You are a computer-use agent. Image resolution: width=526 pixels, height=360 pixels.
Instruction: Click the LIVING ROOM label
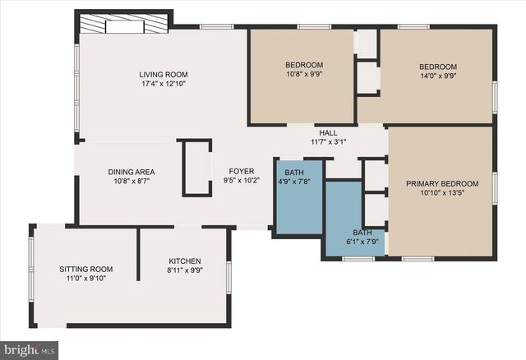[x=164, y=74]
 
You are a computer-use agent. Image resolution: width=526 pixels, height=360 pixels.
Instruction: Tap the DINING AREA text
[x=131, y=172]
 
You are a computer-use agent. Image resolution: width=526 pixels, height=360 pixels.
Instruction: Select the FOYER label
[x=242, y=171]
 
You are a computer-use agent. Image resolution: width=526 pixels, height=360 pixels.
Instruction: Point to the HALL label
[x=328, y=132]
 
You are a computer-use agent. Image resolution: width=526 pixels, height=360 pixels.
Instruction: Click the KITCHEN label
[x=184, y=261]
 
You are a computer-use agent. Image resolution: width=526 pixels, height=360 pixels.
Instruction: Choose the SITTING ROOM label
[x=85, y=269]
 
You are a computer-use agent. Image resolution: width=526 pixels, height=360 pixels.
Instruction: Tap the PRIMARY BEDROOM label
[x=442, y=184]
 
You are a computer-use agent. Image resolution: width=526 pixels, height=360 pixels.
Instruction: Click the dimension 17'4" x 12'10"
[x=164, y=84]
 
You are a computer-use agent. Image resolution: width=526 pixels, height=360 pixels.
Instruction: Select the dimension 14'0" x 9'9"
[x=438, y=76]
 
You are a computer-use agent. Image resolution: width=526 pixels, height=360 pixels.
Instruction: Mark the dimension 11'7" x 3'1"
[x=328, y=141]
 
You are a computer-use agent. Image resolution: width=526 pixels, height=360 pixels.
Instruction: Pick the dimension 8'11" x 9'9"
[x=184, y=270]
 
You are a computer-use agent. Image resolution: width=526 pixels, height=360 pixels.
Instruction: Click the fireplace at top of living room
[x=125, y=24]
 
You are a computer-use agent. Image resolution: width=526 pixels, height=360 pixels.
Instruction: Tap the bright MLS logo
[x=30, y=351]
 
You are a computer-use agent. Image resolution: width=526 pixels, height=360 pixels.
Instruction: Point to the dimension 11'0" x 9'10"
[x=85, y=279]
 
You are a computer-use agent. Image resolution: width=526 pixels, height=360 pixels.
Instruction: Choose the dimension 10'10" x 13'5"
[x=442, y=194]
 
